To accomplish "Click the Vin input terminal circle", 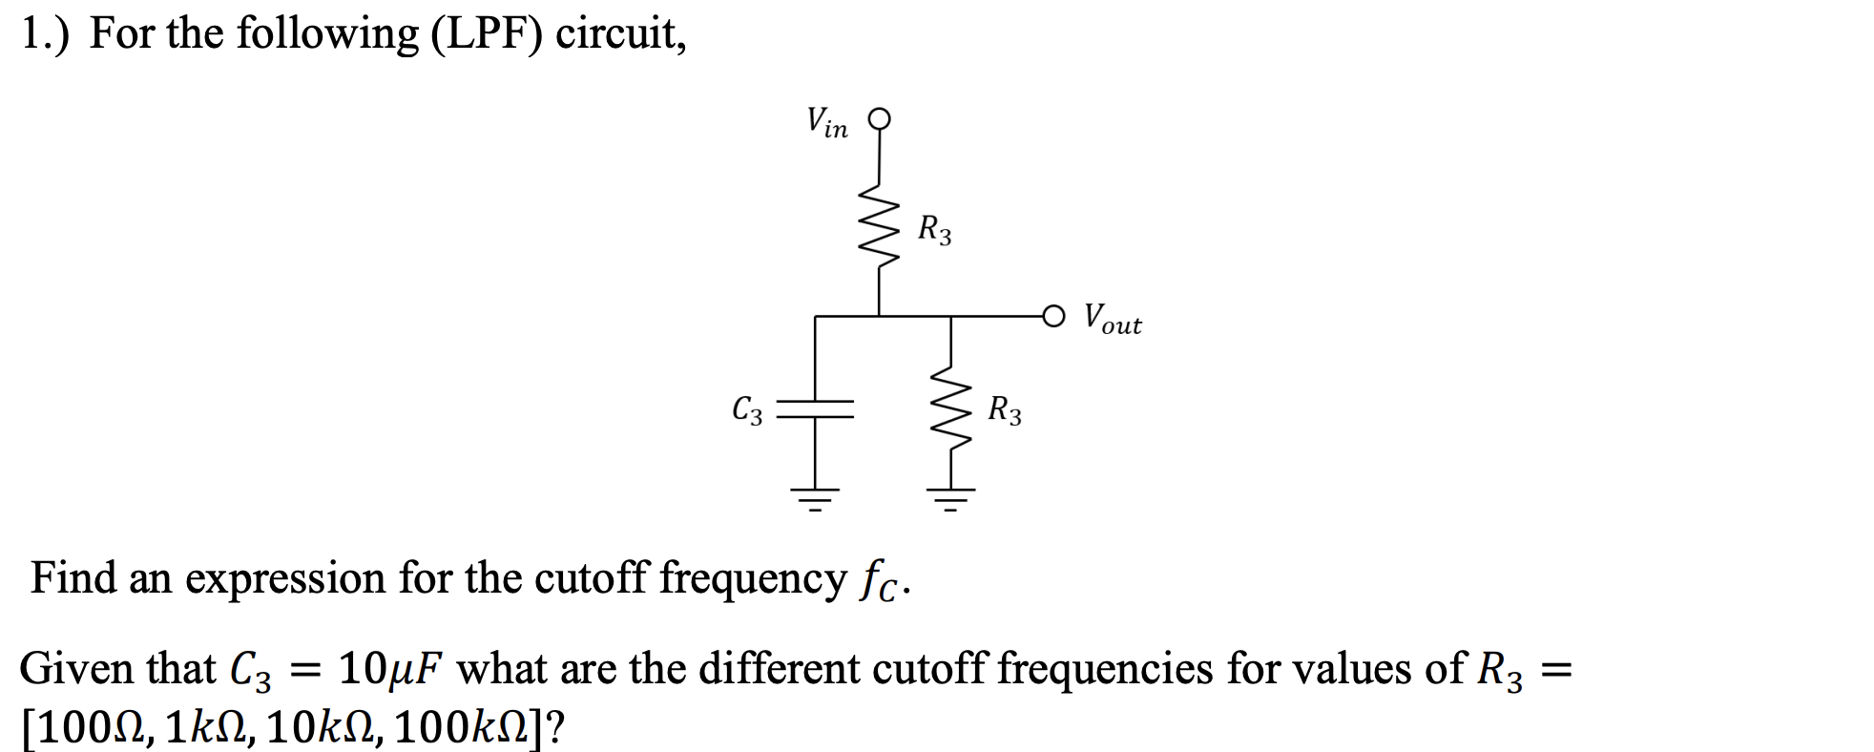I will coord(879,119).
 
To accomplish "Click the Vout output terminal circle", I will coord(1053,316).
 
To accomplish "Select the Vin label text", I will coord(826,123).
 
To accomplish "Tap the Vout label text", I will coord(1113,319).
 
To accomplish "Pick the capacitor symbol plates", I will coord(815,409).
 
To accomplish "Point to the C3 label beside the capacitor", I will coord(747,410).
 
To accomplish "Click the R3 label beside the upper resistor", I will coord(934,230).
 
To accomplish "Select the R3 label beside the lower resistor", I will coord(1004,410).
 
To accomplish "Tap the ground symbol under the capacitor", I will coord(815,498).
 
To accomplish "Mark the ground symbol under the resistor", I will coord(950,498).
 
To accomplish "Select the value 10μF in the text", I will coord(390,669).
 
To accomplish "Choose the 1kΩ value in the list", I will coord(204,728).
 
